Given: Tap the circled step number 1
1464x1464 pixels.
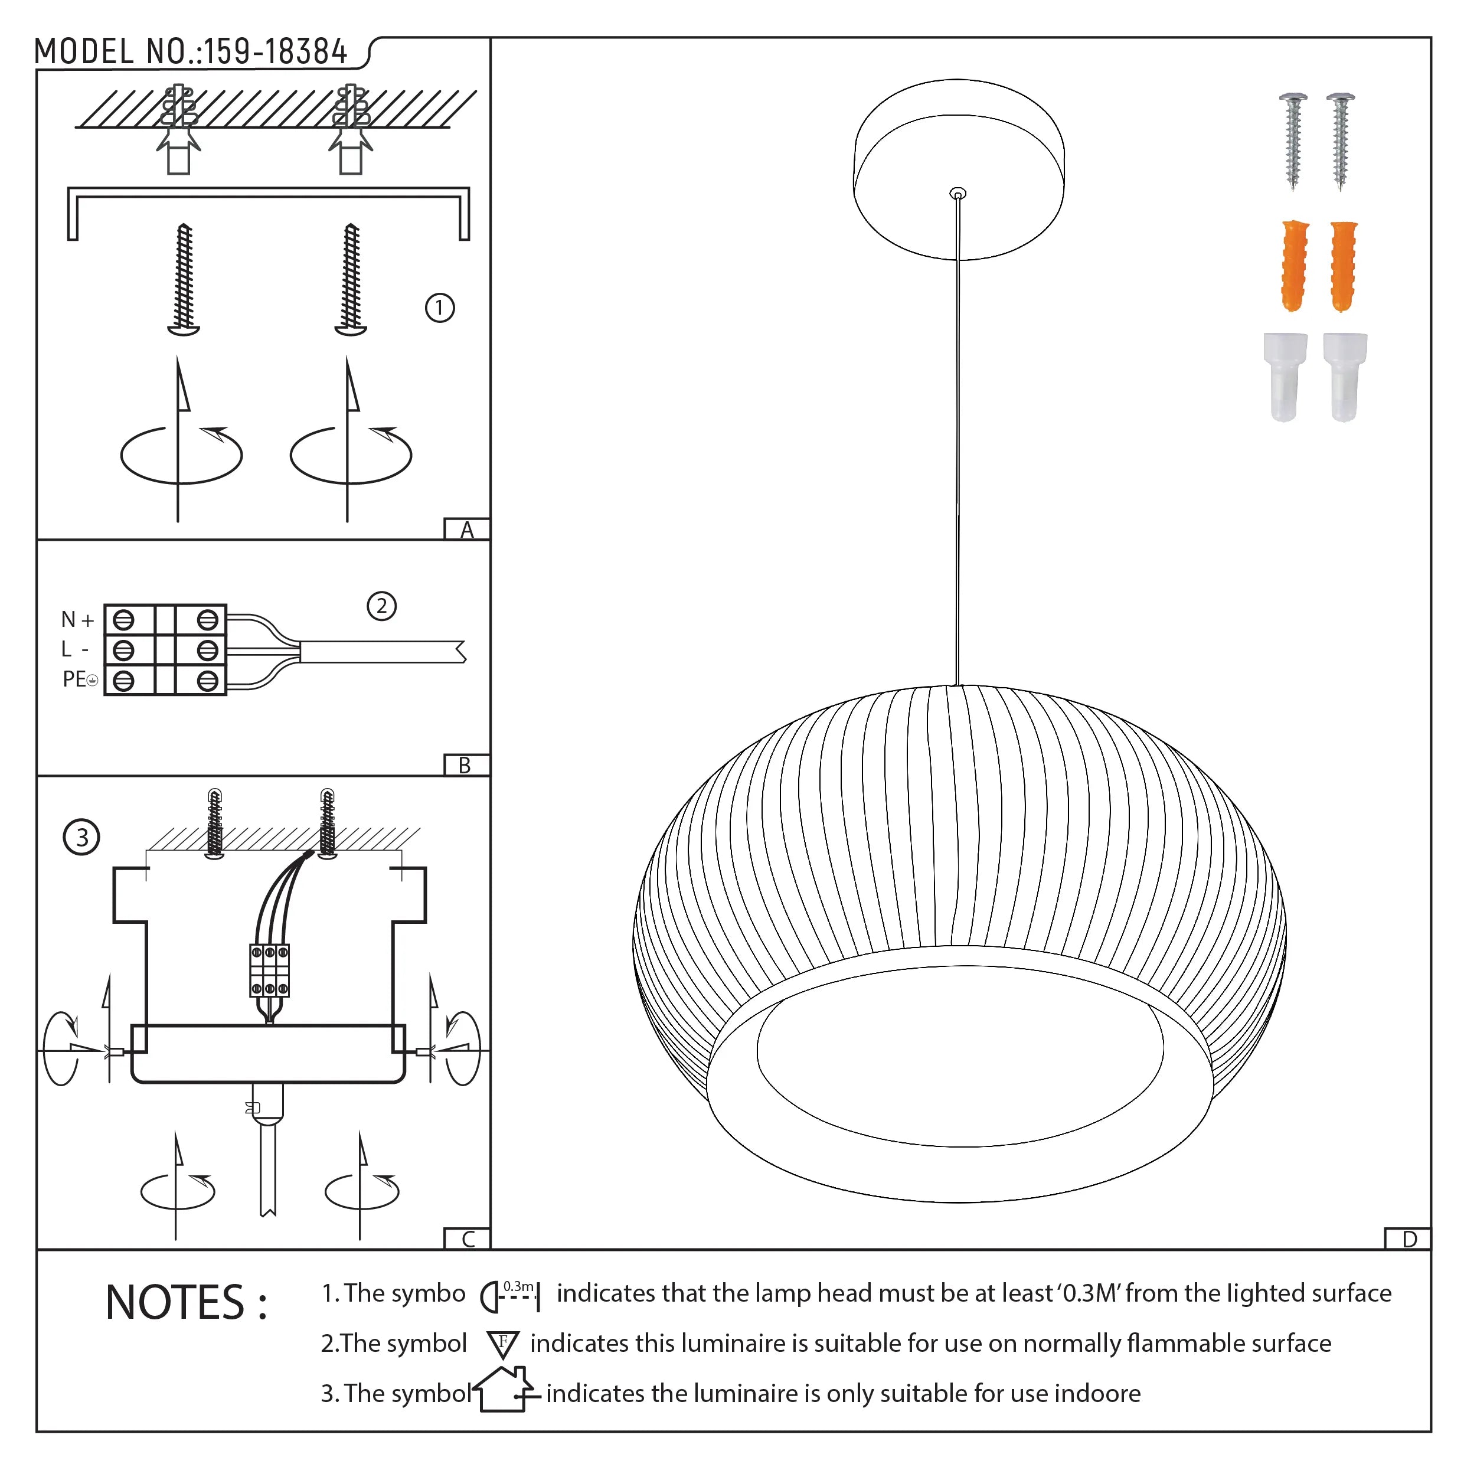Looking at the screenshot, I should point(440,308).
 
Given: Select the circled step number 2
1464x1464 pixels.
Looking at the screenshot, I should point(381,606).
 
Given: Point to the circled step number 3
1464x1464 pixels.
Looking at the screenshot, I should point(81,837).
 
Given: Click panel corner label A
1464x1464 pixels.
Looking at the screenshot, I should point(467,530).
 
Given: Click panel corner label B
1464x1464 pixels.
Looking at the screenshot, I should point(465,765).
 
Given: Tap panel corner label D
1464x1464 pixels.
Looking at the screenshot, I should point(1409,1240).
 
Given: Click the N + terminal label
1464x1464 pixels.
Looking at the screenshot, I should point(77,620).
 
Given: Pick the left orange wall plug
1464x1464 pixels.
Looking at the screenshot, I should point(1294,266).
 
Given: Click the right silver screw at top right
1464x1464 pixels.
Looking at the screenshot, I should point(1341,140).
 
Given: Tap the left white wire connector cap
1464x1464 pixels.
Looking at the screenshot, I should point(1285,377).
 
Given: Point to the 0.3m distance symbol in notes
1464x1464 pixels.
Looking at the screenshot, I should point(510,1296).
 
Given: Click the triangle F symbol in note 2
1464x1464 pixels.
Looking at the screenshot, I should point(502,1344).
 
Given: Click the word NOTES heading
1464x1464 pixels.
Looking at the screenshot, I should point(185,1303).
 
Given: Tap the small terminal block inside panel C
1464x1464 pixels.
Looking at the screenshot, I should point(270,970).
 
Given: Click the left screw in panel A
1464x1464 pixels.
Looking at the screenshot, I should point(184,279).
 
